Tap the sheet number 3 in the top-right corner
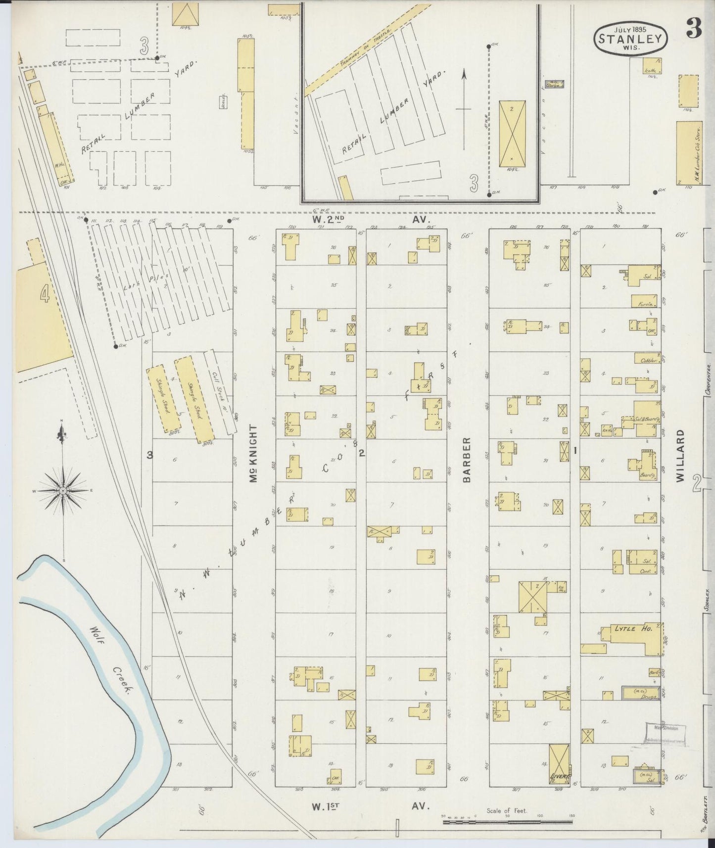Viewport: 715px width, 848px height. click(694, 31)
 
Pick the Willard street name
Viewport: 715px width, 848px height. click(681, 455)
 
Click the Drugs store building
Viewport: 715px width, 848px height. click(640, 693)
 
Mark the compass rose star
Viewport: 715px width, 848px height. click(63, 490)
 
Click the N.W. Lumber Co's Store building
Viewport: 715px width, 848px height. click(689, 153)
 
